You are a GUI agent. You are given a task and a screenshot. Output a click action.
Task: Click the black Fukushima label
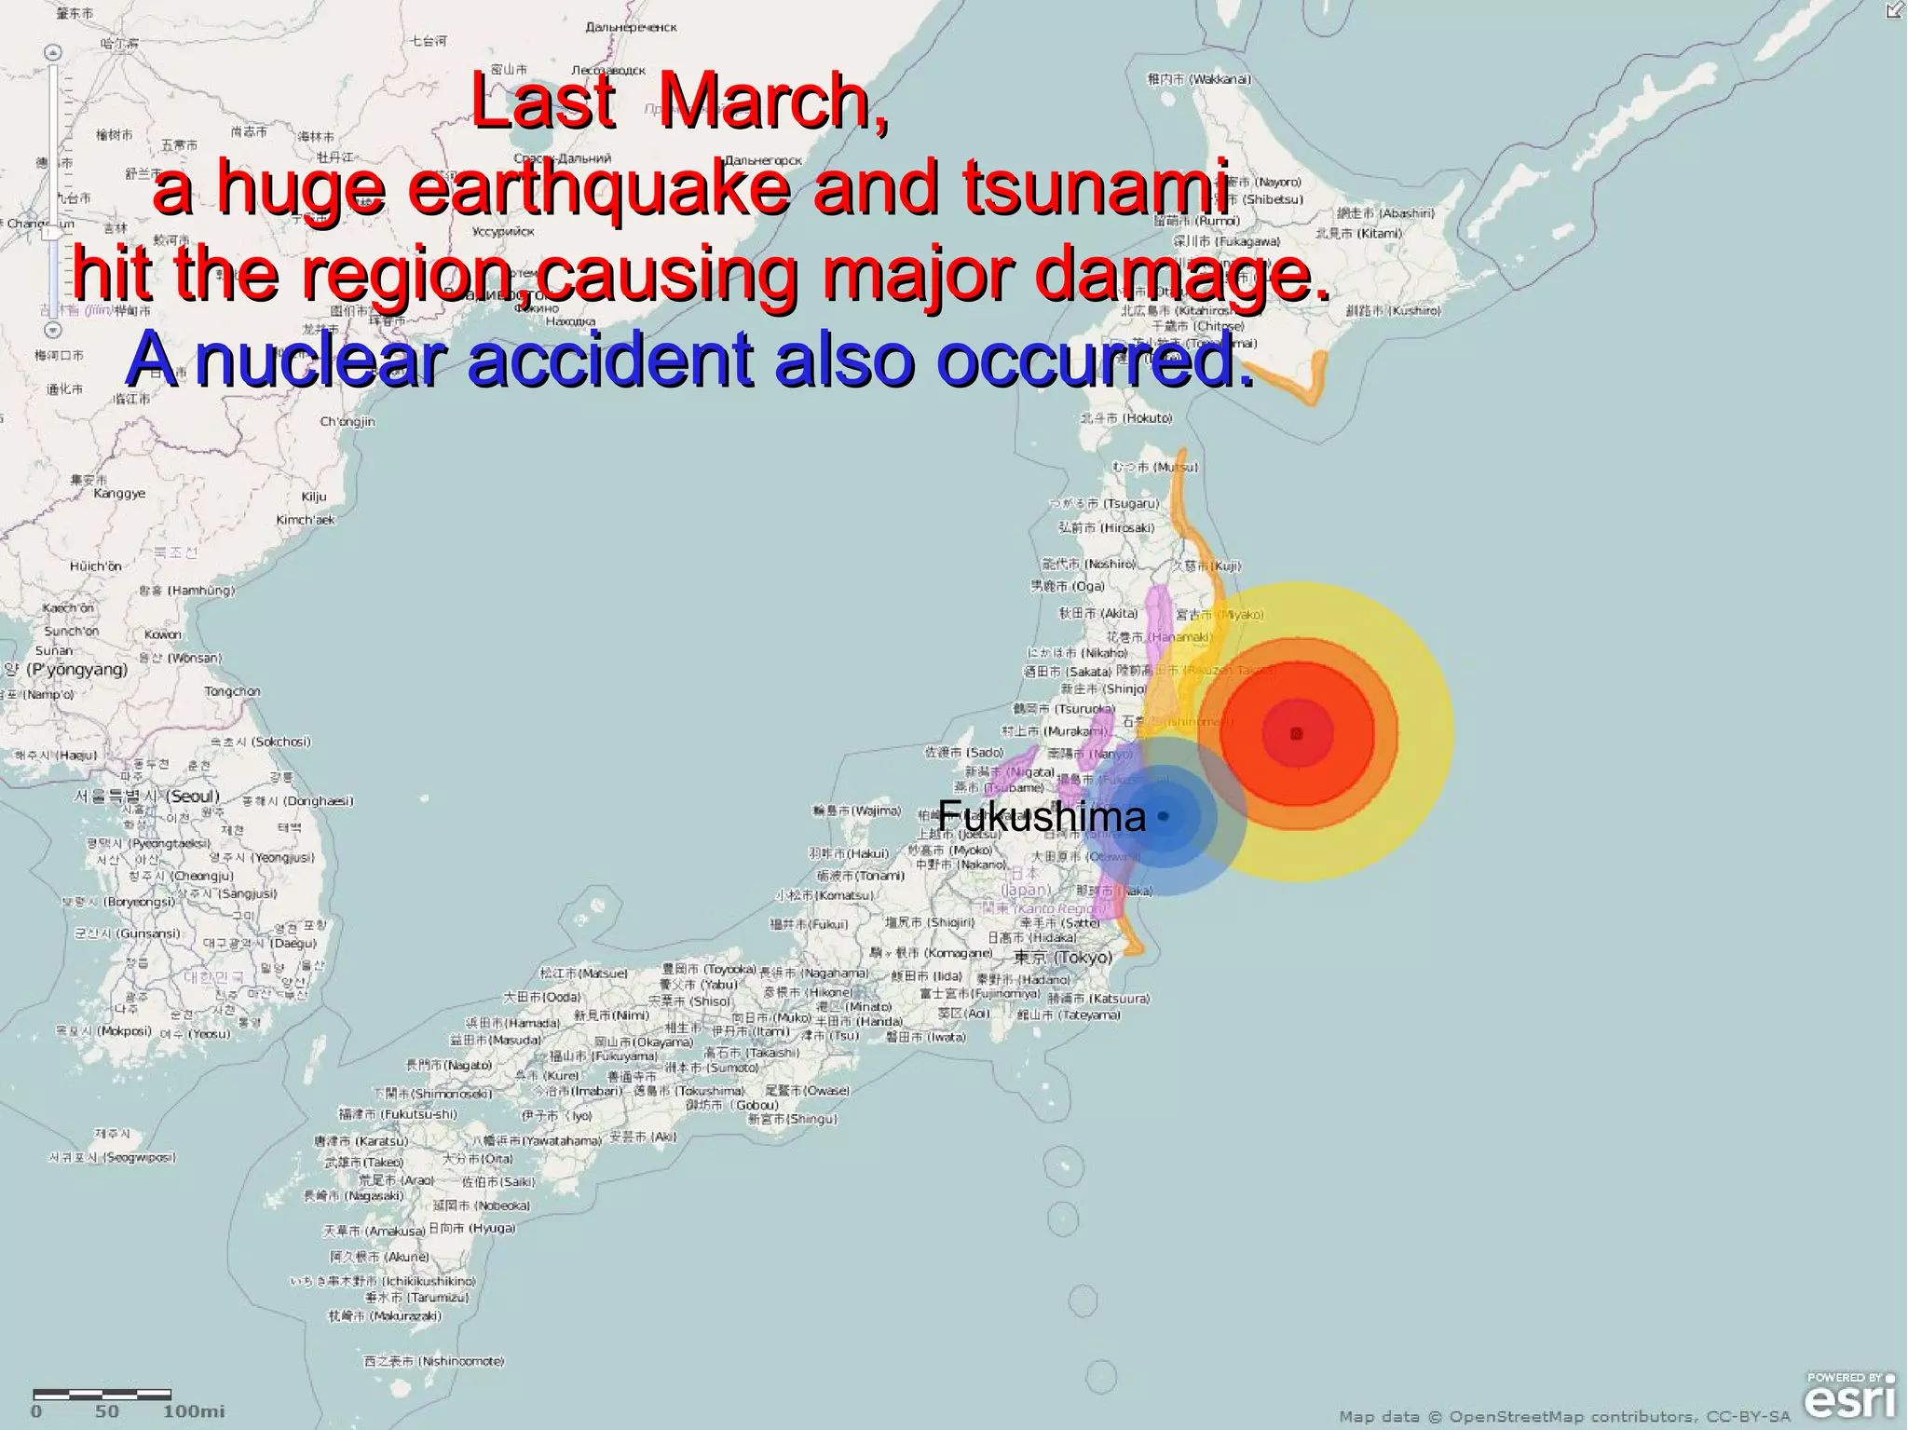coord(1042,817)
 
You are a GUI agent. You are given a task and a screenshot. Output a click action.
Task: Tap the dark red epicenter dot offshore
coord(1296,734)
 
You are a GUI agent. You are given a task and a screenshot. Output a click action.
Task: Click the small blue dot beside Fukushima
coord(1163,816)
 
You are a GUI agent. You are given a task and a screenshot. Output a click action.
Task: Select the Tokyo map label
coord(1063,957)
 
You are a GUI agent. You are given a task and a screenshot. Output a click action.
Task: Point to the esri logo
coord(1848,1399)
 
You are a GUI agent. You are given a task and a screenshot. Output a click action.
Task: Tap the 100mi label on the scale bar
coord(193,1411)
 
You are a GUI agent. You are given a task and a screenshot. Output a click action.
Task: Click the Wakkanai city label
coord(1200,79)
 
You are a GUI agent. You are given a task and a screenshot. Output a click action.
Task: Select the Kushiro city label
coord(1394,310)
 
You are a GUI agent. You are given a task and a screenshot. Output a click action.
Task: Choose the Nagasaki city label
coord(354,1196)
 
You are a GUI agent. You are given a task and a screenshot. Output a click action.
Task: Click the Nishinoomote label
coord(434,1361)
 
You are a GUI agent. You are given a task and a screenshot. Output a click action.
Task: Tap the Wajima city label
coord(857,810)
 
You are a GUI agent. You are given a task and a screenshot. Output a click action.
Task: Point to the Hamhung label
coord(187,590)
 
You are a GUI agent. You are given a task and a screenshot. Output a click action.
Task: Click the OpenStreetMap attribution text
coord(1564,1417)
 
